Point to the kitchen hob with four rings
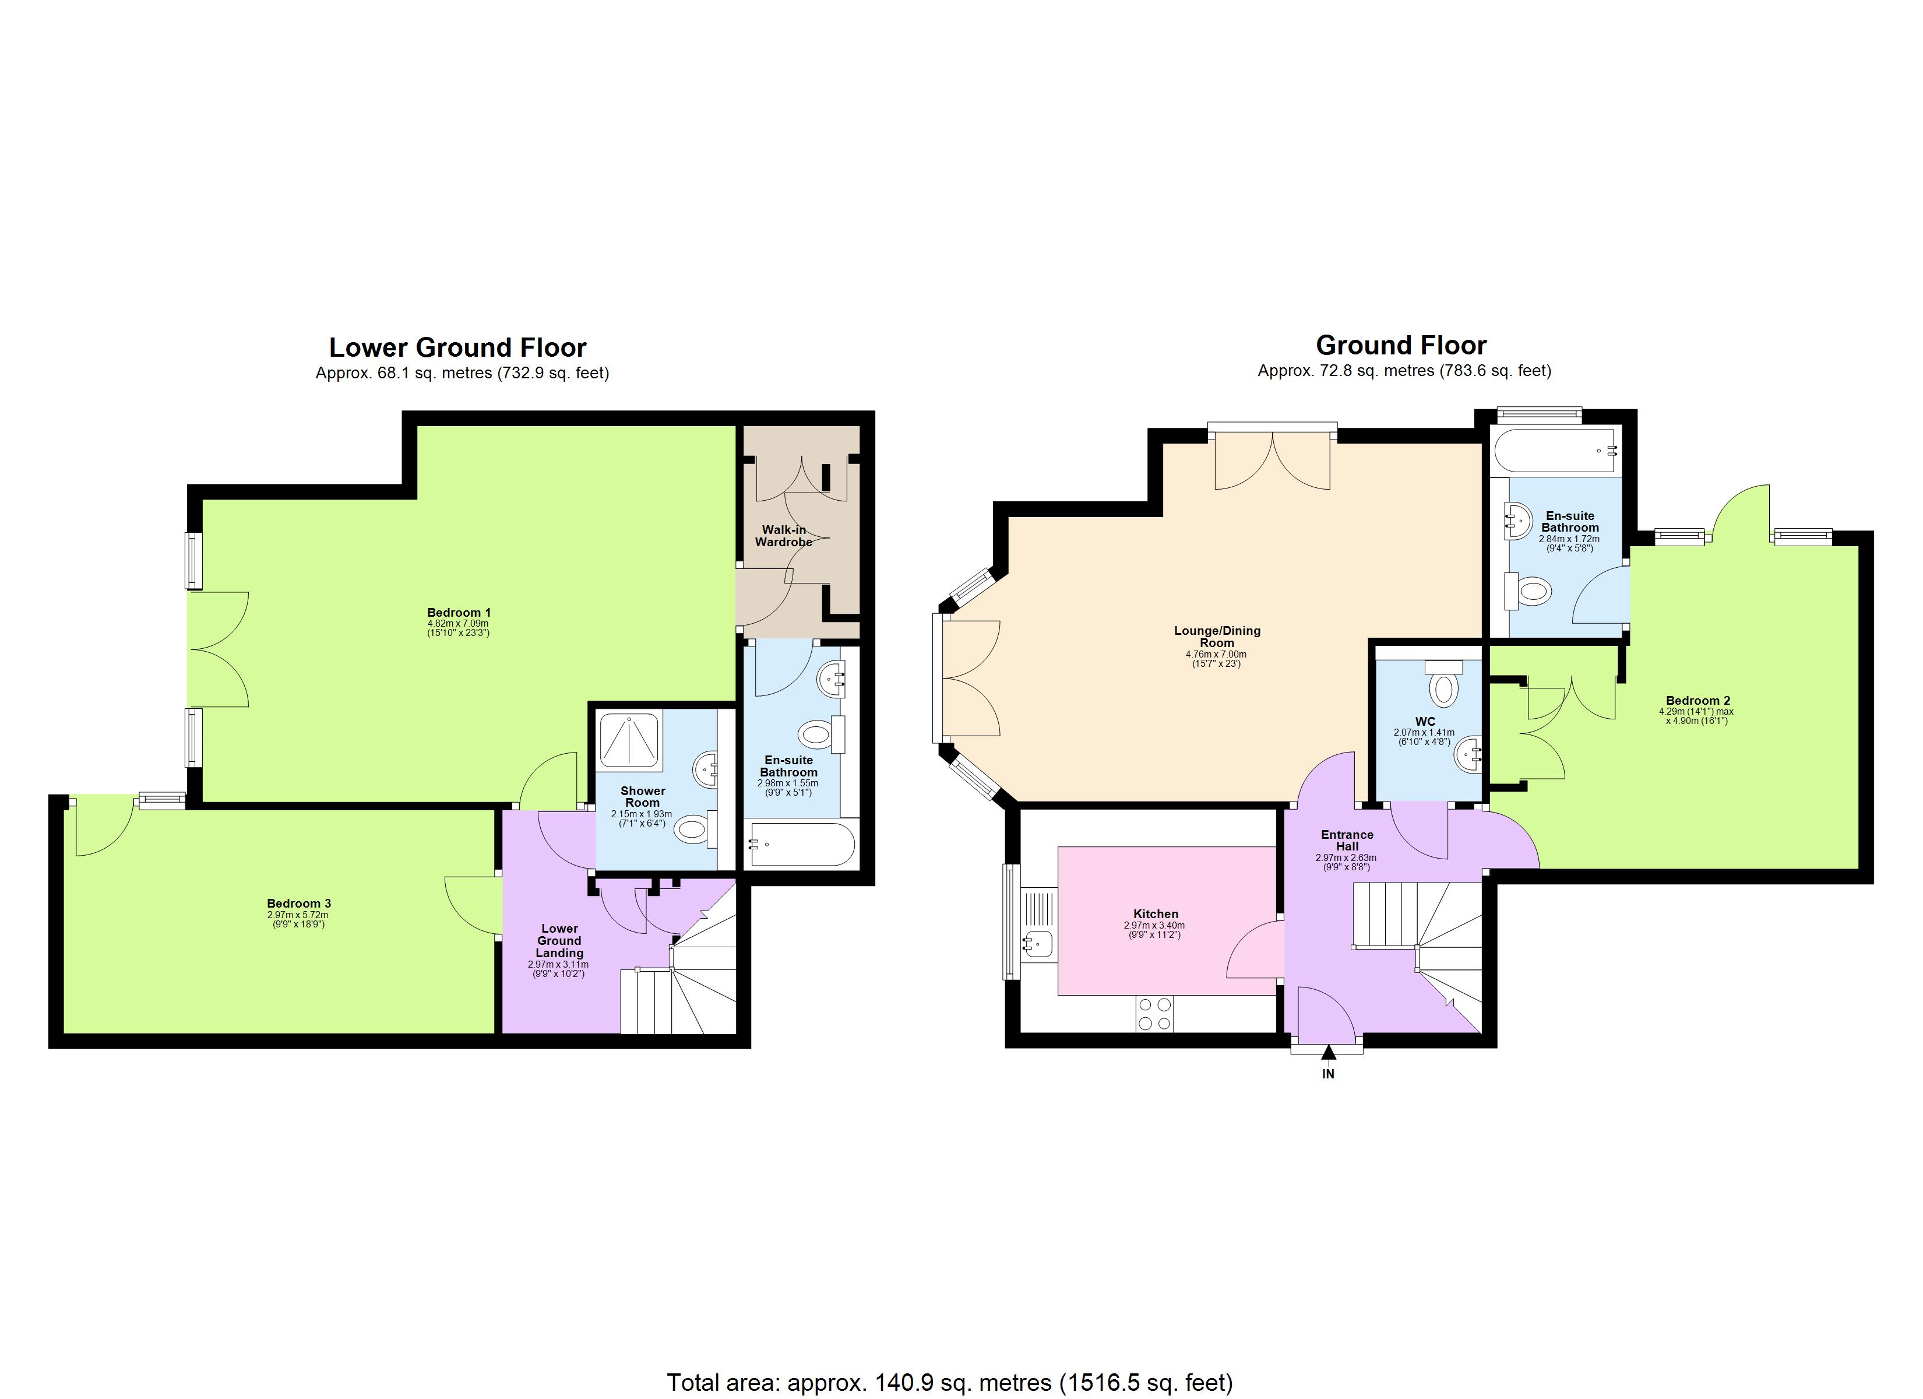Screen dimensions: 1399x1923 coord(1153,1014)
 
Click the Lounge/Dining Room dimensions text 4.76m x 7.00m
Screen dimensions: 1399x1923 coord(1216,654)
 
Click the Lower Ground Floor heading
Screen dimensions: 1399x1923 coord(458,348)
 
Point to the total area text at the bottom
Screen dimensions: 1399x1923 coord(950,1383)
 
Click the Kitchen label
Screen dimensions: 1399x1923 coord(1156,913)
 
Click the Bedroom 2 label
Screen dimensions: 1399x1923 coord(1692,701)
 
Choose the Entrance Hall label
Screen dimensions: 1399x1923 coord(1347,840)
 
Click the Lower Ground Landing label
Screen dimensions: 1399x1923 coord(559,941)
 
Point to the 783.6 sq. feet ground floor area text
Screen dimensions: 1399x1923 coord(1496,371)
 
